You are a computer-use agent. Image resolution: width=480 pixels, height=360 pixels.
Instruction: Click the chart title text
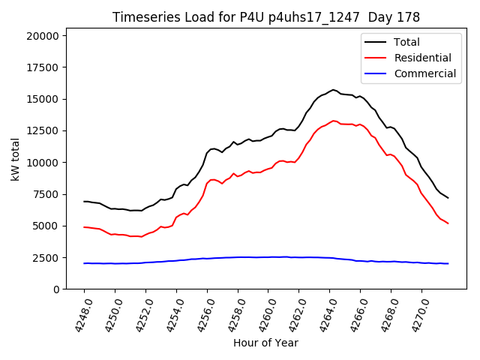(266, 17)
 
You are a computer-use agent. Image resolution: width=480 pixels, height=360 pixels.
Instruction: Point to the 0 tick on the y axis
(56, 289)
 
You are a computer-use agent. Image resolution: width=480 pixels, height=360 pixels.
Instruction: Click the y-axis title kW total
(16, 163)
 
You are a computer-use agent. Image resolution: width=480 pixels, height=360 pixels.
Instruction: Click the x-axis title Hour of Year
(265, 343)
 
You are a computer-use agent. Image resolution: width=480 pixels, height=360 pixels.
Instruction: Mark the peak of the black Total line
(334, 90)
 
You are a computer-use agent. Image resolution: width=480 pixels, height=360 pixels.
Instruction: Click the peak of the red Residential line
(334, 120)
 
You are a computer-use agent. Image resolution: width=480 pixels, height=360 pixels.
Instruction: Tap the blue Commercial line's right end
(448, 263)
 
